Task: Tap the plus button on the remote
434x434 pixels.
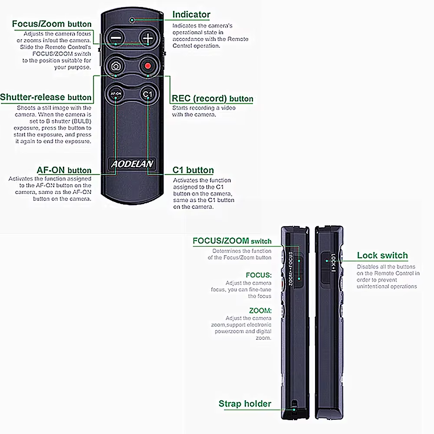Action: pyautogui.click(x=148, y=38)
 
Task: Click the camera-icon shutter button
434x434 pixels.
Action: pyautogui.click(x=116, y=66)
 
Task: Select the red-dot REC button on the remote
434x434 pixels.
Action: pyautogui.click(x=148, y=66)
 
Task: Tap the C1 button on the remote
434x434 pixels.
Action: pyautogui.click(x=148, y=94)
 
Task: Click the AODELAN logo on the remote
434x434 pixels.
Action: pyautogui.click(x=132, y=164)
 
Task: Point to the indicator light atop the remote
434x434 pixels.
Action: pyautogui.click(x=132, y=20)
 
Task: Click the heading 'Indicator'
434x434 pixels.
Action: pyautogui.click(x=191, y=14)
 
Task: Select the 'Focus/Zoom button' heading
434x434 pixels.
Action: pyautogui.click(x=52, y=24)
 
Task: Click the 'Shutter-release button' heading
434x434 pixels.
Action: pyautogui.click(x=46, y=97)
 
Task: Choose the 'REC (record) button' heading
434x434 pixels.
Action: pyautogui.click(x=213, y=99)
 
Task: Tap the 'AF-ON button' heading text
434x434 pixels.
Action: pyautogui.click(x=64, y=170)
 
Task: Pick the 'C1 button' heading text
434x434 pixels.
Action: pyautogui.click(x=193, y=170)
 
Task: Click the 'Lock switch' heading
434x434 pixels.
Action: pyautogui.click(x=382, y=255)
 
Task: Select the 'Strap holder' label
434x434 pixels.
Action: pyautogui.click(x=245, y=404)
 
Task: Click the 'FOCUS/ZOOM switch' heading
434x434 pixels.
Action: pyautogui.click(x=232, y=241)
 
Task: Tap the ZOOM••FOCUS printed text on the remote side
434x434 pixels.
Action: pyautogui.click(x=291, y=269)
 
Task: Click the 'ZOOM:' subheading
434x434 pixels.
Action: pyautogui.click(x=260, y=311)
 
